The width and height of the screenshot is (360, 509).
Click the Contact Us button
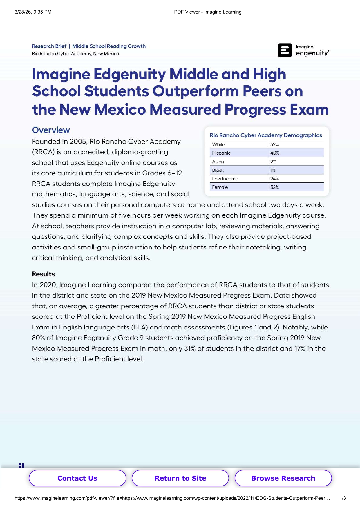(77, 478)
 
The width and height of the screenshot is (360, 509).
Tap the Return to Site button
(180, 478)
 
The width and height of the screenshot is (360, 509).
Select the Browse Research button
(283, 478)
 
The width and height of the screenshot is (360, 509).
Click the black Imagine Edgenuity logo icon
(285, 50)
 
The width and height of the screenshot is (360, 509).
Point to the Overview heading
(51, 130)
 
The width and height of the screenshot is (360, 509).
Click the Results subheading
(43, 274)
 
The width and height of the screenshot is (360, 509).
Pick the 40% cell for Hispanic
(275, 153)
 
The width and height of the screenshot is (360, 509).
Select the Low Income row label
(225, 179)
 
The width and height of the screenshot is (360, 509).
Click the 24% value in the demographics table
(274, 179)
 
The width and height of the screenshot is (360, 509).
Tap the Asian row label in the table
(218, 162)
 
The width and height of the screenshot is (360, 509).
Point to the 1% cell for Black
(273, 170)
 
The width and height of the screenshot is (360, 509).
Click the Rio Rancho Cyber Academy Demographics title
(266, 135)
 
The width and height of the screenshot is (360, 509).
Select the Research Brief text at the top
(49, 46)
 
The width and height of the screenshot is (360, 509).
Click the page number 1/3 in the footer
(343, 498)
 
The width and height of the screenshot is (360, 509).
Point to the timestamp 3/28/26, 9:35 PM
(33, 12)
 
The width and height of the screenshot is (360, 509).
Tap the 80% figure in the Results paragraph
(38, 338)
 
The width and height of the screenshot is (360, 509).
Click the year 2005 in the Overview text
(78, 142)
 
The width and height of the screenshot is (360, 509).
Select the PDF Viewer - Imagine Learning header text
(208, 12)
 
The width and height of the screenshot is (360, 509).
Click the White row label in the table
(218, 144)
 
